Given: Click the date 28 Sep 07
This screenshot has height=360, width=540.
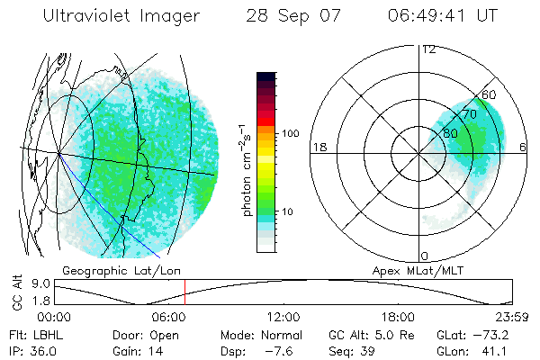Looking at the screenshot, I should (284, 15).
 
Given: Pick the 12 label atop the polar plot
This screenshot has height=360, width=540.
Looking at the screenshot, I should (428, 49).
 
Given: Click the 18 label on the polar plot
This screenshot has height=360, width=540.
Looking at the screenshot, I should (318, 147).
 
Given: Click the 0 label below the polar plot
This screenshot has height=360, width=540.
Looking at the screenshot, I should (424, 256).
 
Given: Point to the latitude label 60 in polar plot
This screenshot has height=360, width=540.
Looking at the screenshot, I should (490, 94).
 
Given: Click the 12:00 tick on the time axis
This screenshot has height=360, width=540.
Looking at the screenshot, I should (283, 317).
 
